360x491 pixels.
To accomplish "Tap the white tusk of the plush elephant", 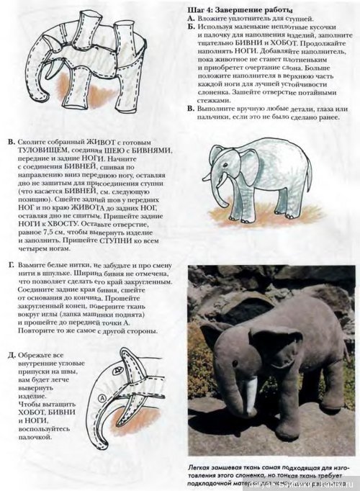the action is [251, 391].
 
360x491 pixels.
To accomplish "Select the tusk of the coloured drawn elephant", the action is [208, 176].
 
